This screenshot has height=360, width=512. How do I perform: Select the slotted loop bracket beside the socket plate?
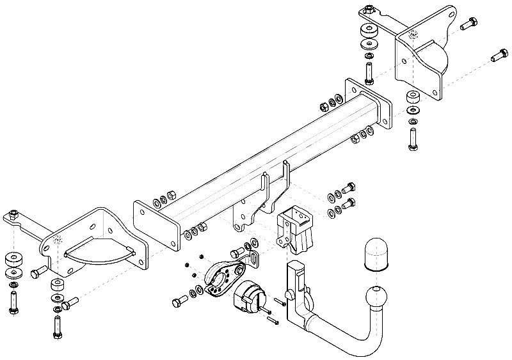pyautogui.click(x=252, y=260)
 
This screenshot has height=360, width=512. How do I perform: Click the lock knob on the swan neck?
pyautogui.click(x=307, y=298)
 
